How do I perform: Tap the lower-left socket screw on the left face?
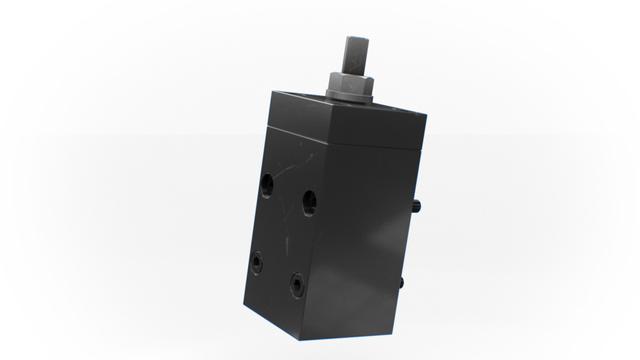pos(258,262)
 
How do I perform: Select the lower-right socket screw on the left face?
pos(297,284)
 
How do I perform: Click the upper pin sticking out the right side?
pos(416,206)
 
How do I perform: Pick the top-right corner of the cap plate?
pos(427,117)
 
